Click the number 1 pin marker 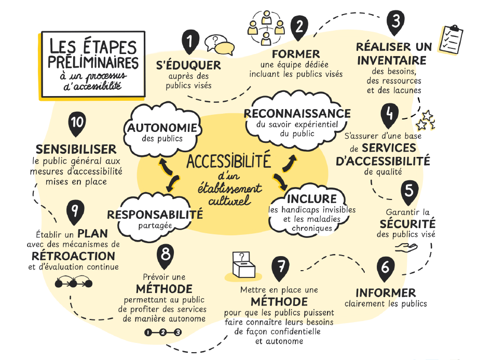pos(190,41)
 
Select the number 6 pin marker pos(385,267)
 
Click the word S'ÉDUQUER pos(189,65)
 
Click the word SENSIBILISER pos(76,149)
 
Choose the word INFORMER pos(386,292)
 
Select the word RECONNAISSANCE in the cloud pos(297,113)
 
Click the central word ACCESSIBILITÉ pos(228,162)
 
